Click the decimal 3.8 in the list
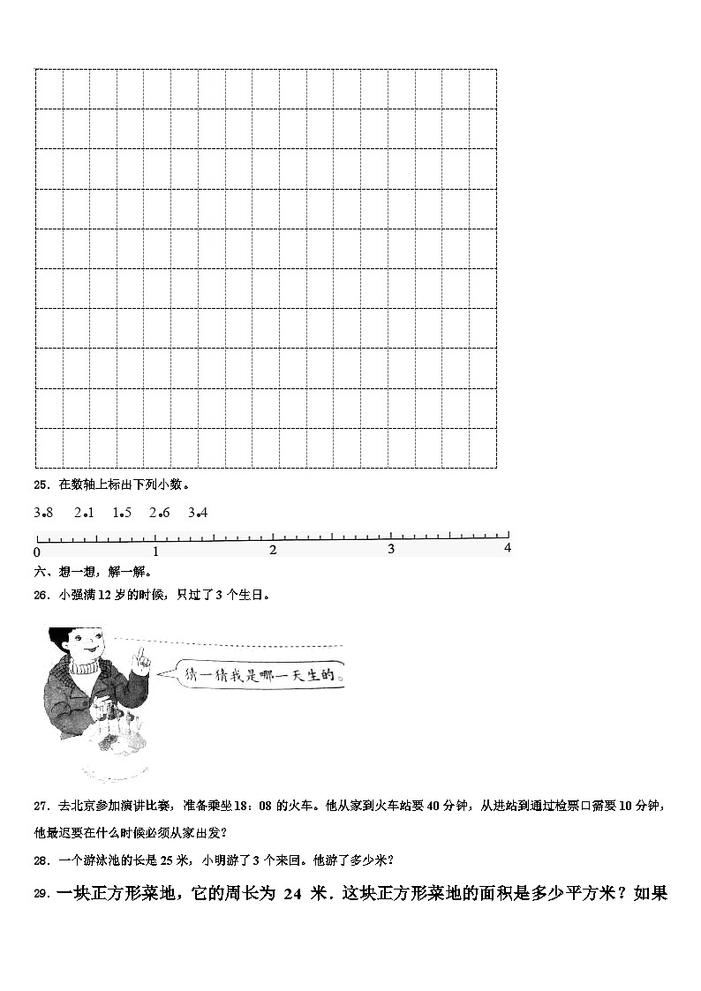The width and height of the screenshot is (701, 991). [x=44, y=513]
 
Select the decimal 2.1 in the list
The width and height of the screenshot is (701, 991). [x=84, y=513]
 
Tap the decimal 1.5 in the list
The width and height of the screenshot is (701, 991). [x=122, y=513]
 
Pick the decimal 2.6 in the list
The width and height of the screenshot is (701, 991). [x=160, y=513]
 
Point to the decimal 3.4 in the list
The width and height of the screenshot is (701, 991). [x=198, y=513]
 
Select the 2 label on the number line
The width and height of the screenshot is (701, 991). [x=273, y=550]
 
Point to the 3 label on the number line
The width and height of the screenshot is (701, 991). [x=391, y=549]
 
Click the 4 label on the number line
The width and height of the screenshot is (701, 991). [x=508, y=548]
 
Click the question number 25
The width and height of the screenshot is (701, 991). [x=41, y=484]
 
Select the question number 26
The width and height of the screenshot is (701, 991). [x=41, y=595]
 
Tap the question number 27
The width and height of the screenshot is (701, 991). [x=41, y=806]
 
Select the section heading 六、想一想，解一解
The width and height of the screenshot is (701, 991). [x=92, y=572]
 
